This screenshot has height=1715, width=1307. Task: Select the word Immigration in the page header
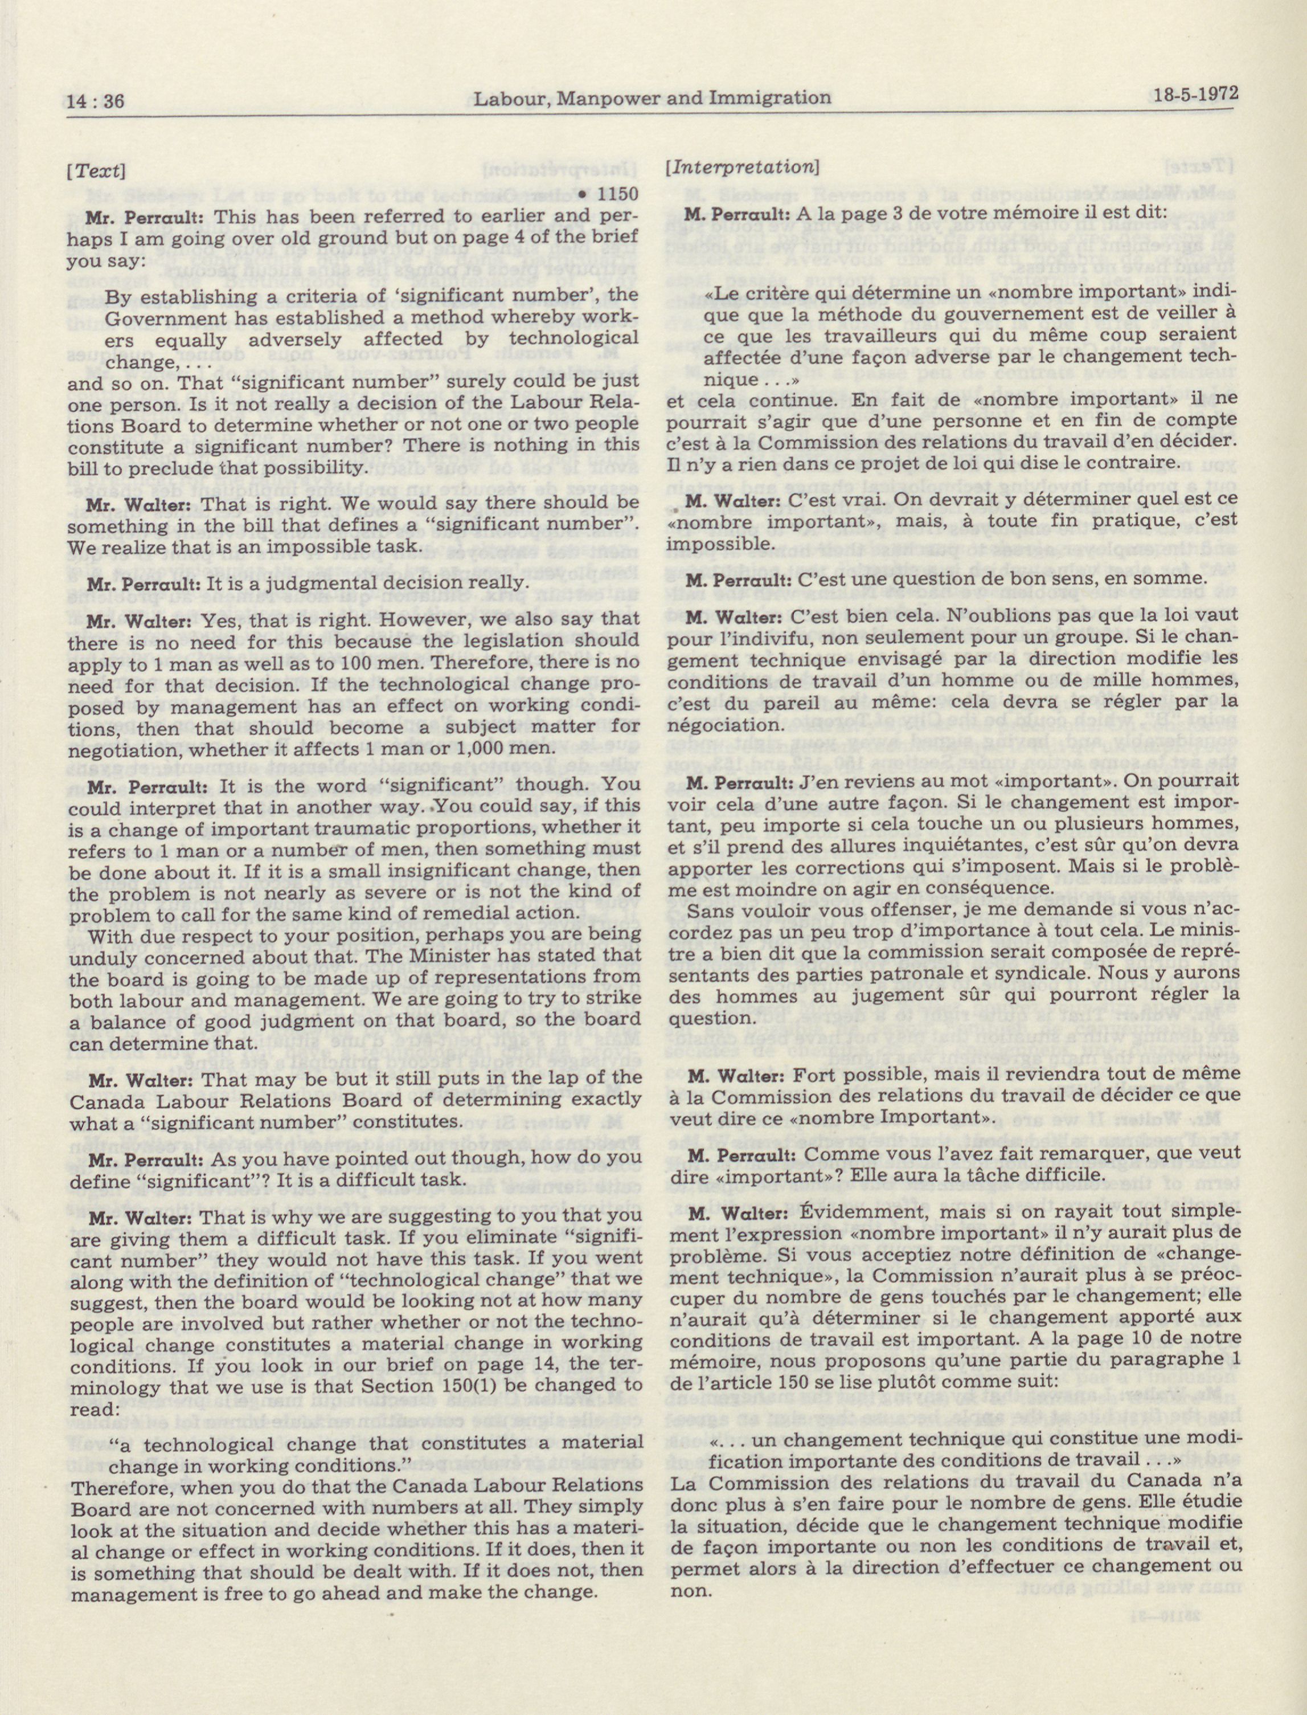point(772,97)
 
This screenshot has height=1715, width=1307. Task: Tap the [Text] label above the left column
point(96,170)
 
